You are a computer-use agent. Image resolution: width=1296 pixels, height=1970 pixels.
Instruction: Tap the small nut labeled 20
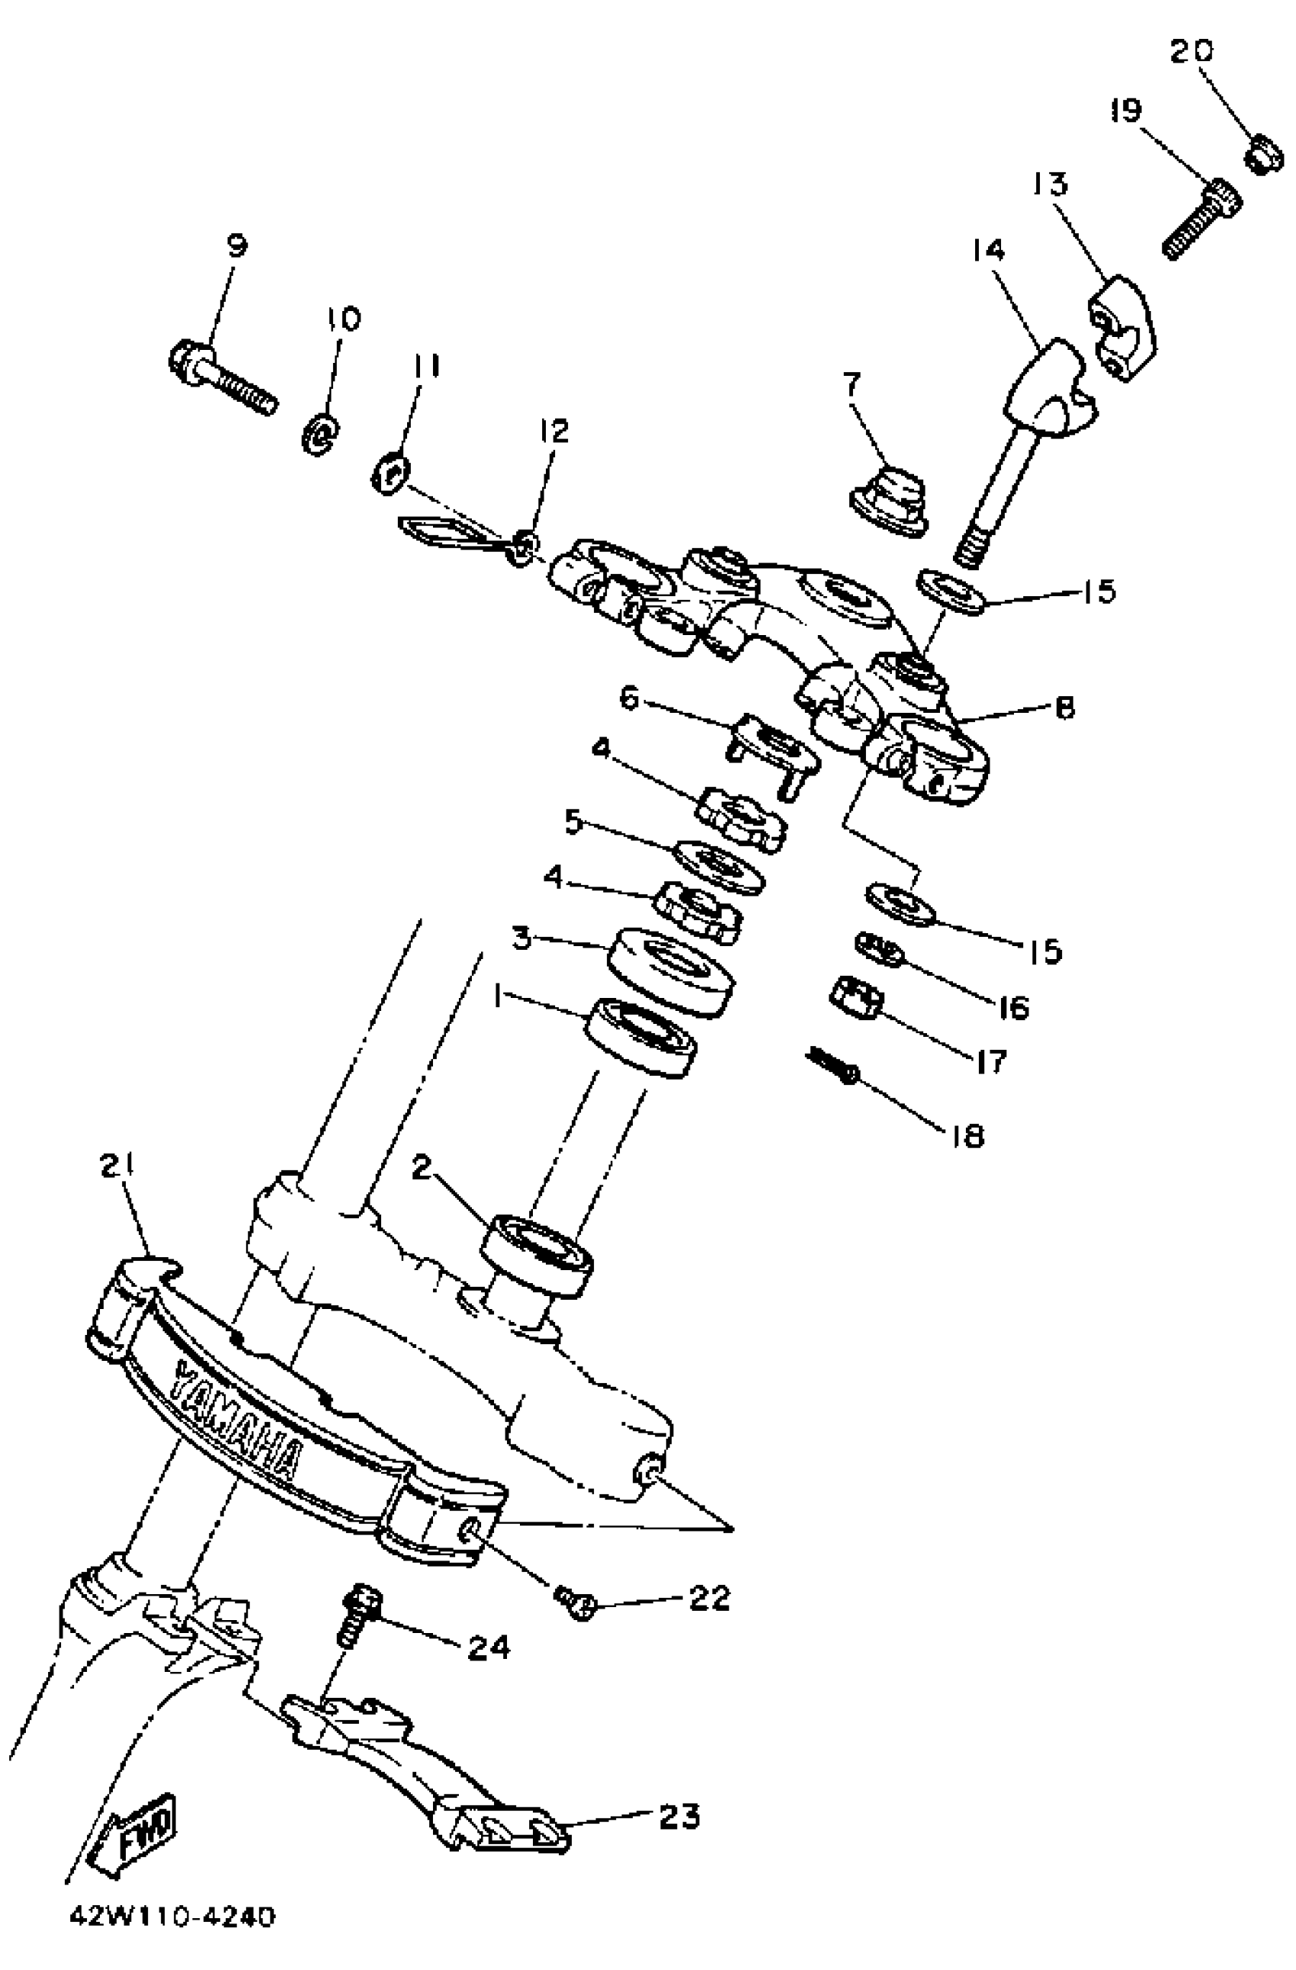(x=1264, y=156)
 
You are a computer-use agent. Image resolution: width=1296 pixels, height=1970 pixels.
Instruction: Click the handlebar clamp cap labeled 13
(x=1121, y=327)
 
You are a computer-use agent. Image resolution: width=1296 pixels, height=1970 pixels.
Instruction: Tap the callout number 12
(x=553, y=432)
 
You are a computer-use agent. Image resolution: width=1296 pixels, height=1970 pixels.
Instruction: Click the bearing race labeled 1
(x=641, y=1036)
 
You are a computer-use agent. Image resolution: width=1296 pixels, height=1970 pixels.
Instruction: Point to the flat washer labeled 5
(x=718, y=867)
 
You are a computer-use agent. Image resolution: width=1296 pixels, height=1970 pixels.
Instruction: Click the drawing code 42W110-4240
(x=172, y=1939)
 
